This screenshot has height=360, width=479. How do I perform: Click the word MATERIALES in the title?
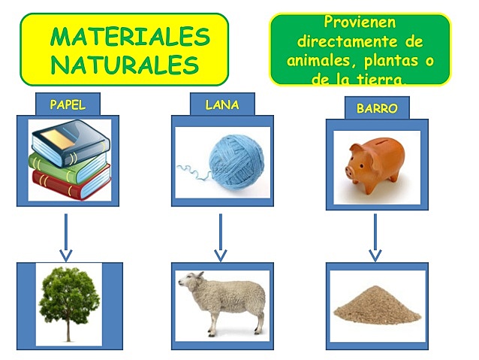(130, 36)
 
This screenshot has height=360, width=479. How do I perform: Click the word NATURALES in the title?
(125, 64)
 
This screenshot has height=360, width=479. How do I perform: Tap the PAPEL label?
(68, 105)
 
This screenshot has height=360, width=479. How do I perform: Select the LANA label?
(222, 105)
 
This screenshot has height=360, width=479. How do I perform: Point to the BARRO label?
(377, 108)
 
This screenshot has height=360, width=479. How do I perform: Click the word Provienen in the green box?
(360, 23)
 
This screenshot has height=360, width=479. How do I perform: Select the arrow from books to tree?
(66, 237)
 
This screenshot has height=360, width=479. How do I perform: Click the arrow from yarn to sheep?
(221, 237)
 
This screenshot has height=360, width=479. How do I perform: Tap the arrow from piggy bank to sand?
(375, 237)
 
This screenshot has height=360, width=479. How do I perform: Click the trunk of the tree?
(70, 331)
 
